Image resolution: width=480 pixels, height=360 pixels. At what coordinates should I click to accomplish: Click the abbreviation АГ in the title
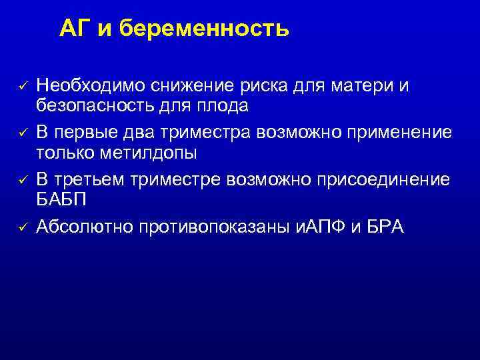[x=75, y=29]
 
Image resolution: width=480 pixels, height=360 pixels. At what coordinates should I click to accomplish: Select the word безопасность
[x=97, y=105]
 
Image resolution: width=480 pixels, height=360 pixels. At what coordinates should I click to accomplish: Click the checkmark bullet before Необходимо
[x=21, y=86]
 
